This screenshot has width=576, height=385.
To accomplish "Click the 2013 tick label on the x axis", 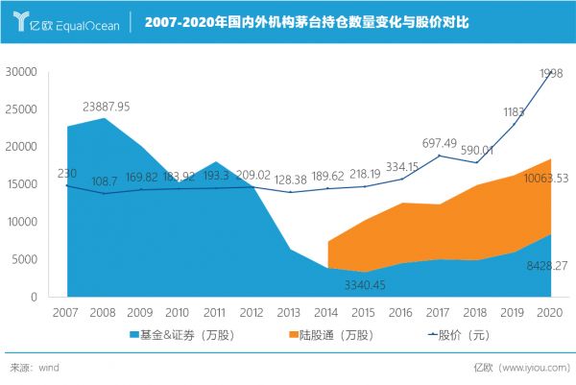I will tap(289, 312).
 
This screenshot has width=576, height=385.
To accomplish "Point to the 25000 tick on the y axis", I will tap(20, 109).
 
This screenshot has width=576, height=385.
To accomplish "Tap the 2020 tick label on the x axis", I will tap(550, 312).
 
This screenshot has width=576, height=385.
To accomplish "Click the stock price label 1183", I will tap(516, 113).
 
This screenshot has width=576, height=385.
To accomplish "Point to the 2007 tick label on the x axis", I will tap(65, 312).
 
